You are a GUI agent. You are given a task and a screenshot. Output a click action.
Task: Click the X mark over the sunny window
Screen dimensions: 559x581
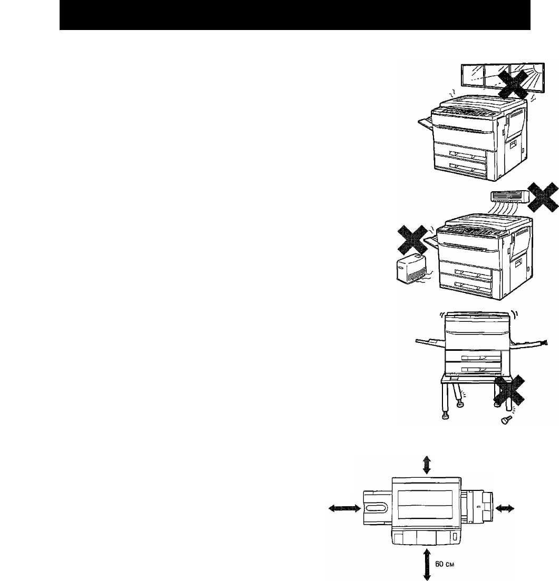pyautogui.click(x=513, y=84)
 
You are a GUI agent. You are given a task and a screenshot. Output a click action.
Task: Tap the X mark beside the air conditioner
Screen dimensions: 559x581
pyautogui.click(x=543, y=198)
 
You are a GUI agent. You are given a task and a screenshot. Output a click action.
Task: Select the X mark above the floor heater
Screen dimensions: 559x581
pyautogui.click(x=412, y=240)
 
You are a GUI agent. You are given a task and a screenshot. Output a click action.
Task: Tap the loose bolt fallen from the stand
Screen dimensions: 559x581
pyautogui.click(x=506, y=420)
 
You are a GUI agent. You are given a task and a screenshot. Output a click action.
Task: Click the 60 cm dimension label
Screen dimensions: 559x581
pyautogui.click(x=445, y=564)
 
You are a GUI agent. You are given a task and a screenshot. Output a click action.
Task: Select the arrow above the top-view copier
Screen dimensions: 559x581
pyautogui.click(x=427, y=465)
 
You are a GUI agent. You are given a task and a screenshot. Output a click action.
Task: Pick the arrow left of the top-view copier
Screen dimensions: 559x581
pyautogui.click(x=344, y=508)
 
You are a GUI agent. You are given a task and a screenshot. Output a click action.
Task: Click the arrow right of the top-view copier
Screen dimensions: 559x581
pyautogui.click(x=505, y=508)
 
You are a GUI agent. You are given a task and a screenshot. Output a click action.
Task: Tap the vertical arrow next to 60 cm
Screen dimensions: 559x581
pyautogui.click(x=427, y=565)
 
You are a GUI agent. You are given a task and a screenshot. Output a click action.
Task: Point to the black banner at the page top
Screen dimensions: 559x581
pyautogui.click(x=295, y=15)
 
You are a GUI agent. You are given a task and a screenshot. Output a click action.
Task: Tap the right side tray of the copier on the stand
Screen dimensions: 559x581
pyautogui.click(x=528, y=343)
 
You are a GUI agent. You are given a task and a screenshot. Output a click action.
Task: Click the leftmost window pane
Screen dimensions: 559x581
pyautogui.click(x=473, y=76)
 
